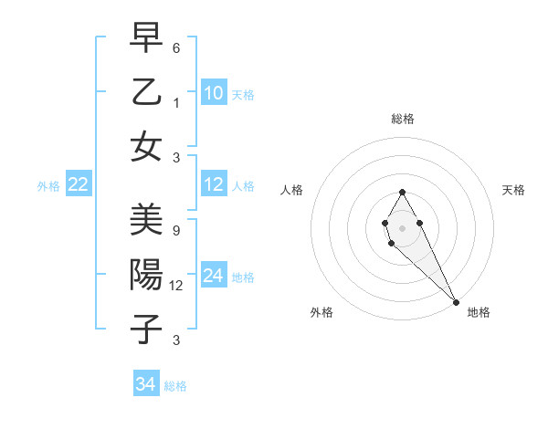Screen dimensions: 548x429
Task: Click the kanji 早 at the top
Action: (146, 37)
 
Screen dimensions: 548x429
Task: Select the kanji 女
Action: (146, 146)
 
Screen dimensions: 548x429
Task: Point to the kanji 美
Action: (146, 220)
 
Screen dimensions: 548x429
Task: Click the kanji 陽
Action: (146, 275)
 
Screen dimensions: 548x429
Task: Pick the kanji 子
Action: (146, 330)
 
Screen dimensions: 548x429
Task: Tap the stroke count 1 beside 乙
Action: (177, 103)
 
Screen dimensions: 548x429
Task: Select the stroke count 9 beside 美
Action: (176, 231)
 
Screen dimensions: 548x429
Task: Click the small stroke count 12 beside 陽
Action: (177, 286)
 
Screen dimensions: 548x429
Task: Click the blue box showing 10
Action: (214, 92)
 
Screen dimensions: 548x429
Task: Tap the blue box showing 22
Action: (78, 185)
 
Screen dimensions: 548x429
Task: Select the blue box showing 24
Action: (214, 276)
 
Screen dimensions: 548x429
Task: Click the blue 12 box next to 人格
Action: (214, 185)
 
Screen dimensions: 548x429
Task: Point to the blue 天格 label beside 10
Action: (243, 94)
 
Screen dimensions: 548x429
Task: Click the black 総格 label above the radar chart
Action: (403, 119)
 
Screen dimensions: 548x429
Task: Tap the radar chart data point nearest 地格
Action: (456, 302)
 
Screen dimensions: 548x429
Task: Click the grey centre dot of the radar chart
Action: (402, 227)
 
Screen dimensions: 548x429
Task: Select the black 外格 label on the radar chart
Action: (322, 312)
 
